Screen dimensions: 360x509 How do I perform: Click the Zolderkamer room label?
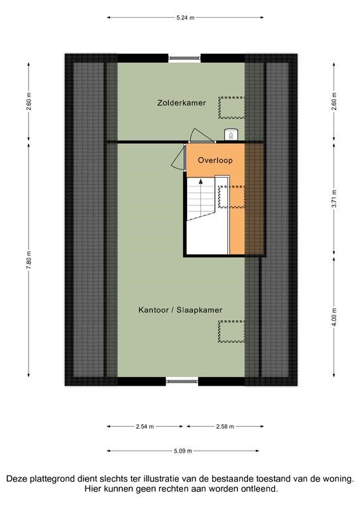click(182, 103)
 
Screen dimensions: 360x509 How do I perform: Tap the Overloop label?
click(215, 160)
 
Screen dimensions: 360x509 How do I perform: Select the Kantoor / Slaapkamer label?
click(180, 310)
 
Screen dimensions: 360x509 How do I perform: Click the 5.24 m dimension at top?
click(186, 18)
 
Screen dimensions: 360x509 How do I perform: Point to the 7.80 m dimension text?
click(29, 260)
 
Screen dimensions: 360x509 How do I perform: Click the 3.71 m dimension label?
click(334, 199)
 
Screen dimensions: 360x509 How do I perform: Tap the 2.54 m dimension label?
click(145, 427)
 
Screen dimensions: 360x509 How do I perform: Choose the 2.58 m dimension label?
click(225, 427)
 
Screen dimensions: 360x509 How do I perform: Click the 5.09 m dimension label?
click(183, 451)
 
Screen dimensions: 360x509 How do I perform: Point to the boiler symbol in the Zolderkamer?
click(231, 135)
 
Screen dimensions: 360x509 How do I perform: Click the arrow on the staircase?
click(201, 198)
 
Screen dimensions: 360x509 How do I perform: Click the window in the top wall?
click(184, 58)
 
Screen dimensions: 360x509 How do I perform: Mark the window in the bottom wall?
click(182, 382)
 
